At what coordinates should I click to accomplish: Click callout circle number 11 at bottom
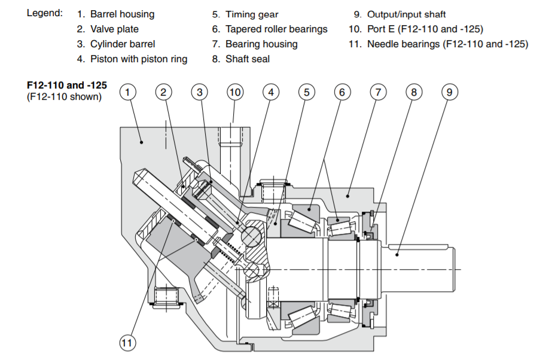127,343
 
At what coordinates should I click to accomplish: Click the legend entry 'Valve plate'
114,29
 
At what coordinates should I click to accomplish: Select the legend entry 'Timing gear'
252,14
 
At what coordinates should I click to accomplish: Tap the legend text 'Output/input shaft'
406,14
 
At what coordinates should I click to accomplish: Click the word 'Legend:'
44,13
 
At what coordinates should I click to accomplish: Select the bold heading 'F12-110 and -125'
67,86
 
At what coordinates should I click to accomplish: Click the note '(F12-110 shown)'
64,96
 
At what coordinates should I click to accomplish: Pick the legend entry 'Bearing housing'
261,44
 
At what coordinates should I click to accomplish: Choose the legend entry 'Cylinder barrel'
123,44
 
